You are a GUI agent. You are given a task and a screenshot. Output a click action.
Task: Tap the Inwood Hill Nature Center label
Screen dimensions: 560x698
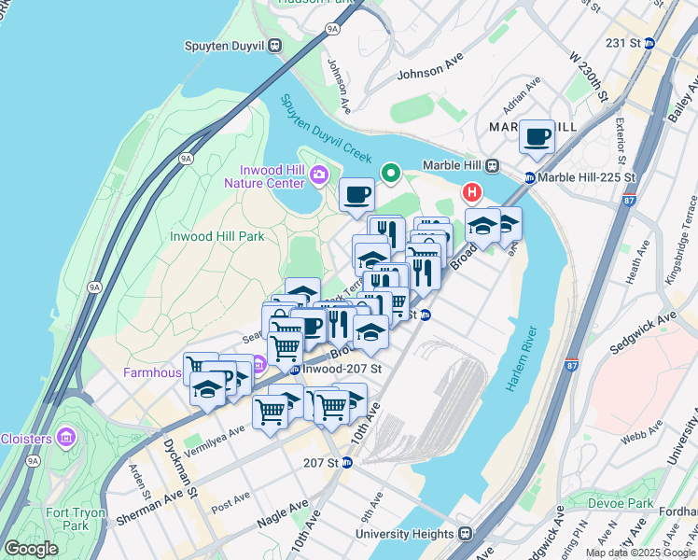(268, 176)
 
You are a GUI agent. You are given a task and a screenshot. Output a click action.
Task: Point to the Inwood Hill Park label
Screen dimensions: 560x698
(217, 236)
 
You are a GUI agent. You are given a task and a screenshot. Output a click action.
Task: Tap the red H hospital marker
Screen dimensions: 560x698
(472, 193)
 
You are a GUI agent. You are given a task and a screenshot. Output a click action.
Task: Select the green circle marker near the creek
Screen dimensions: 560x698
(389, 173)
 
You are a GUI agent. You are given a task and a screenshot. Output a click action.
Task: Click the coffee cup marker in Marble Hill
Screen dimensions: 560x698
(537, 138)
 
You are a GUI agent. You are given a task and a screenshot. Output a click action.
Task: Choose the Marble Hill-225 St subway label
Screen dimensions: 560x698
(579, 177)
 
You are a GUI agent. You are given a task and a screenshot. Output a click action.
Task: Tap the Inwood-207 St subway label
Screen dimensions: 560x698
(336, 369)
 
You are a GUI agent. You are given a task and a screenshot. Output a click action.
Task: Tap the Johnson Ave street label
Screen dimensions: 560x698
(430, 73)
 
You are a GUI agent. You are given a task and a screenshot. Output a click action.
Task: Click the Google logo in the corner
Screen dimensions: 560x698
(31, 549)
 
